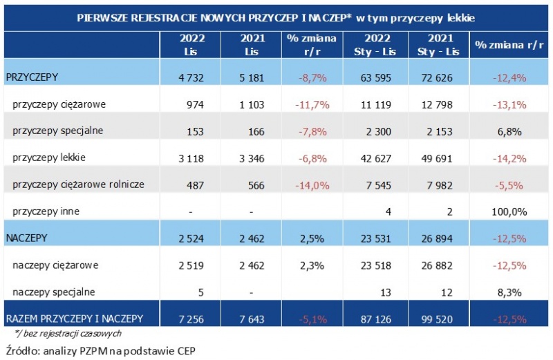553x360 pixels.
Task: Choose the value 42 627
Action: [375, 158]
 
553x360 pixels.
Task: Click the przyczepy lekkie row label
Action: [49, 158]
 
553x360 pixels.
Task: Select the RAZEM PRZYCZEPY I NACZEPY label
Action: [75, 319]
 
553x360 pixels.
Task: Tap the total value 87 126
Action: [375, 319]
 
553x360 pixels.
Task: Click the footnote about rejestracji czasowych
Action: [63, 334]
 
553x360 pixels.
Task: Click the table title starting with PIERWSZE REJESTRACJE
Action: [276, 15]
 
